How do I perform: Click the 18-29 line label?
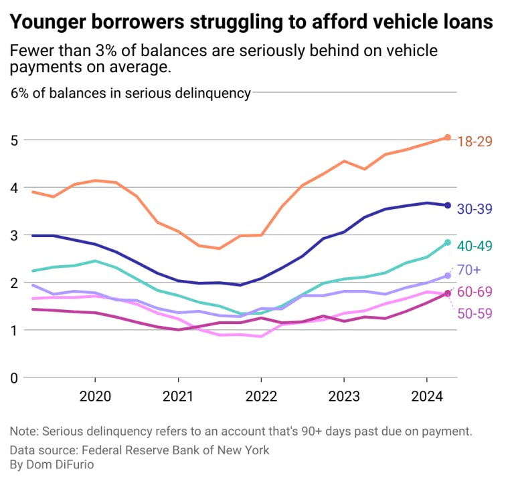(475, 140)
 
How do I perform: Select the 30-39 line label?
(475, 208)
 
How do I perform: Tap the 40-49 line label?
(475, 246)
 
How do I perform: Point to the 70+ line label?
(468, 270)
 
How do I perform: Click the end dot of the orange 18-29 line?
(448, 138)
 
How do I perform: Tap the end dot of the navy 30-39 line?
(448, 205)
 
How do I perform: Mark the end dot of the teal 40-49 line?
(448, 243)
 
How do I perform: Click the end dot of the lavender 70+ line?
(448, 275)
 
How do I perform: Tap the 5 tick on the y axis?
(14, 140)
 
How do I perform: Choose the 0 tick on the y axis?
(14, 377)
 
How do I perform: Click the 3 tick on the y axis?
(14, 235)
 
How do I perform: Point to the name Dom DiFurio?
(56, 464)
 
